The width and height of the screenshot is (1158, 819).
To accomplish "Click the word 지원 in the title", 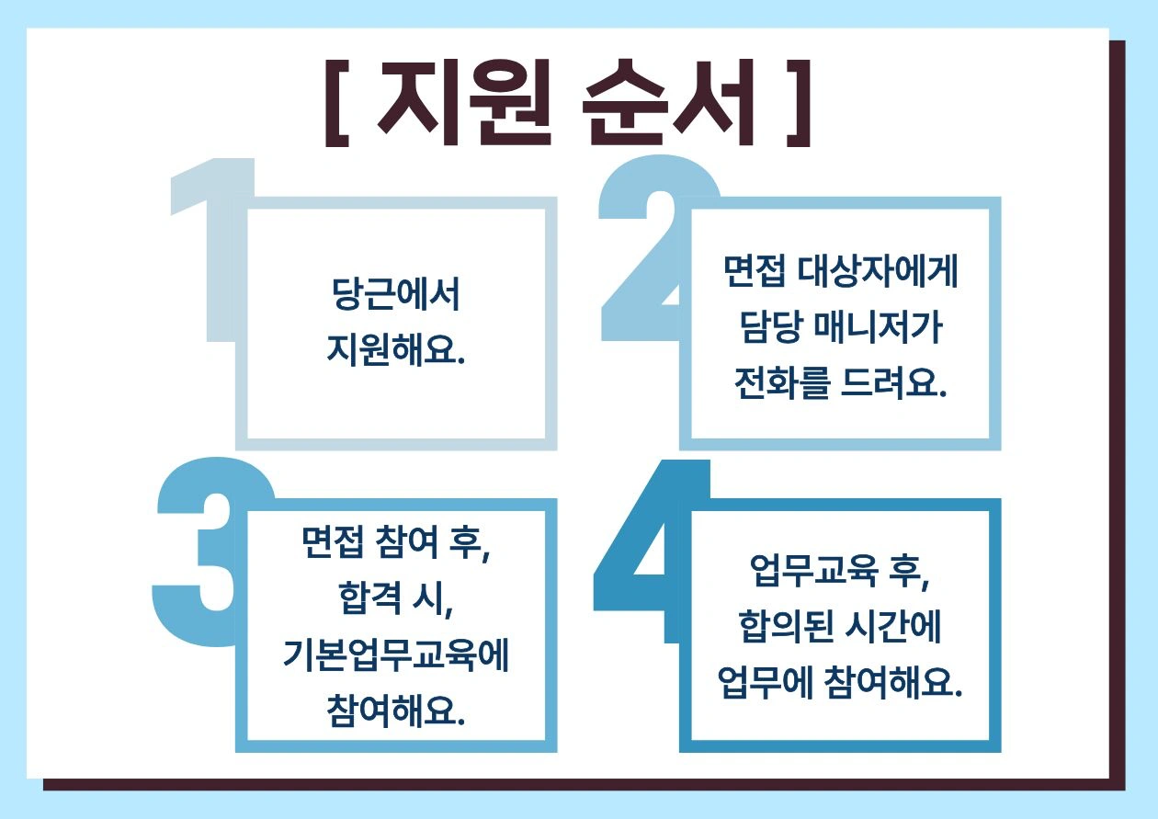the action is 464,102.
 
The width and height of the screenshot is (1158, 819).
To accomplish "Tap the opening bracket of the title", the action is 337,104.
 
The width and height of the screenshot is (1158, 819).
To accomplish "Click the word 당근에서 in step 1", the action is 395,294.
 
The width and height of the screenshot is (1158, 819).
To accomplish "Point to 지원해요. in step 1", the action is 396,350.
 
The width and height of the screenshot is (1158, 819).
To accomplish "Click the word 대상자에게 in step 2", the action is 878,270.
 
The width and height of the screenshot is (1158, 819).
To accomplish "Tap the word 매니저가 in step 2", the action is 879,327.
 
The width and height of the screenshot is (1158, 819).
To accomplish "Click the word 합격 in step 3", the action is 370,599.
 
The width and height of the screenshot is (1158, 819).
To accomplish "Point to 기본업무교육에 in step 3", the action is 396,655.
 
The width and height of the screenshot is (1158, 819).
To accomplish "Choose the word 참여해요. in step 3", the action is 396,711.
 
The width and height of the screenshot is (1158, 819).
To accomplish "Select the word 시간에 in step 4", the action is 893,626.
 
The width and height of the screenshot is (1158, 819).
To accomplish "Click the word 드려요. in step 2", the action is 894,383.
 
